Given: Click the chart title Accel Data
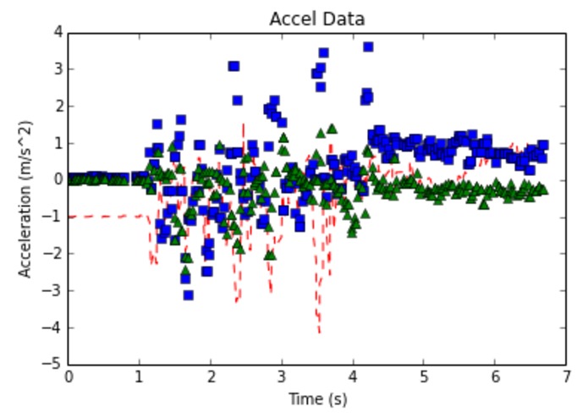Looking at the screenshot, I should pos(317,18).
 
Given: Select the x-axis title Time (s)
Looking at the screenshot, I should pos(317,399).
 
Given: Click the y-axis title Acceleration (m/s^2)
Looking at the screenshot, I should pos(25,199).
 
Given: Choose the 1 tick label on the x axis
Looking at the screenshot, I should pos(140,377).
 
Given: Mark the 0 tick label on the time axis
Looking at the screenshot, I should pos(69,377).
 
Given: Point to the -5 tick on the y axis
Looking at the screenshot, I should pos(54,365).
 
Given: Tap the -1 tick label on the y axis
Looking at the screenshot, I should pos(54,217).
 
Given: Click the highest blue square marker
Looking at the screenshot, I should pos(368,47).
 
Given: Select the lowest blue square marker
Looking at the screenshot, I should pos(188,294).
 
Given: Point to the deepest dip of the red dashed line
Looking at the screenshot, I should pos(319,332).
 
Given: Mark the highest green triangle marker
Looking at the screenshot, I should pos(332,129).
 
